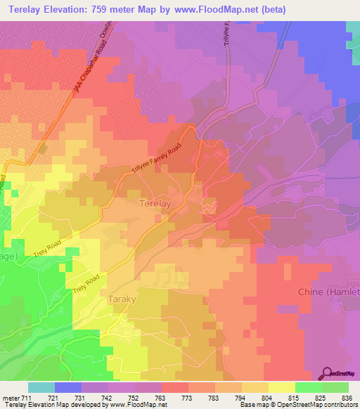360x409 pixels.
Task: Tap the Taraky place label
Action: tap(126, 299)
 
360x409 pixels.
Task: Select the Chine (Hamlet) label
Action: tap(328, 292)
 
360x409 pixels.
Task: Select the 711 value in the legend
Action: tap(25, 397)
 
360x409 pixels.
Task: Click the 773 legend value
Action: tap(188, 397)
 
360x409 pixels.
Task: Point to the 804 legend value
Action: tap(268, 397)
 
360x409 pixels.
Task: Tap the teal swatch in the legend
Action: tap(41, 387)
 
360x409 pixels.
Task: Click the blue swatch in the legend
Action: tap(67, 387)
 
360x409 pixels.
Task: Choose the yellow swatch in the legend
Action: tap(281, 387)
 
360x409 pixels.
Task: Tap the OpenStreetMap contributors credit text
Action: tap(323, 405)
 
